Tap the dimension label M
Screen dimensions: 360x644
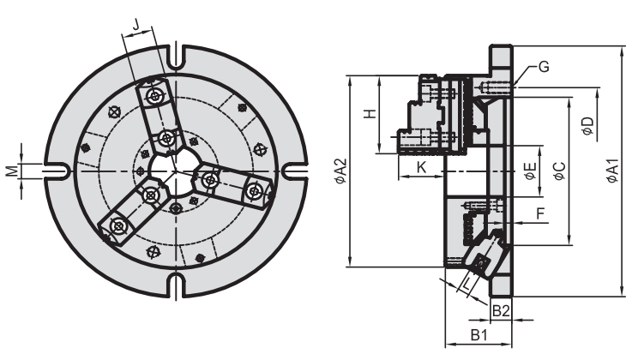[x=12, y=171]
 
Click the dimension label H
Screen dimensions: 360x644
[x=369, y=114]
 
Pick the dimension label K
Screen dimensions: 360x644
[x=420, y=166]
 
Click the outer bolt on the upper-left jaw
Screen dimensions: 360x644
[x=154, y=97]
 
